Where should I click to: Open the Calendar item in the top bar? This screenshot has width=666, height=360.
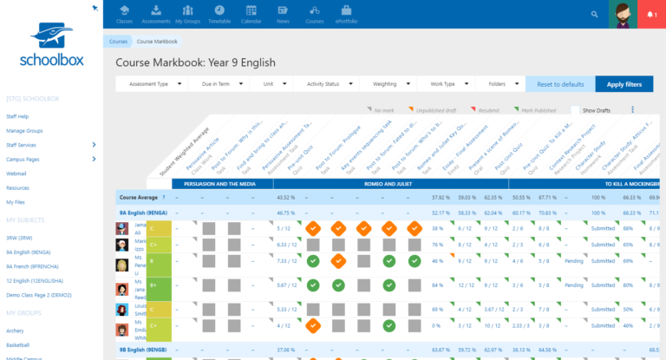click(x=252, y=14)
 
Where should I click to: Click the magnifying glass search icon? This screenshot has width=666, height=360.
click(x=594, y=15)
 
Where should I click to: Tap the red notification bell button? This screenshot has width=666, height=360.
click(x=650, y=15)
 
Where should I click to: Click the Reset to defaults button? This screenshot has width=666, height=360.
click(x=559, y=84)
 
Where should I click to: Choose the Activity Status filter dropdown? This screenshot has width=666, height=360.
click(x=326, y=84)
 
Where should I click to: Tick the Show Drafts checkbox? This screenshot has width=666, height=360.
click(x=576, y=110)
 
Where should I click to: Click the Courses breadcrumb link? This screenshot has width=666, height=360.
click(x=118, y=42)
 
